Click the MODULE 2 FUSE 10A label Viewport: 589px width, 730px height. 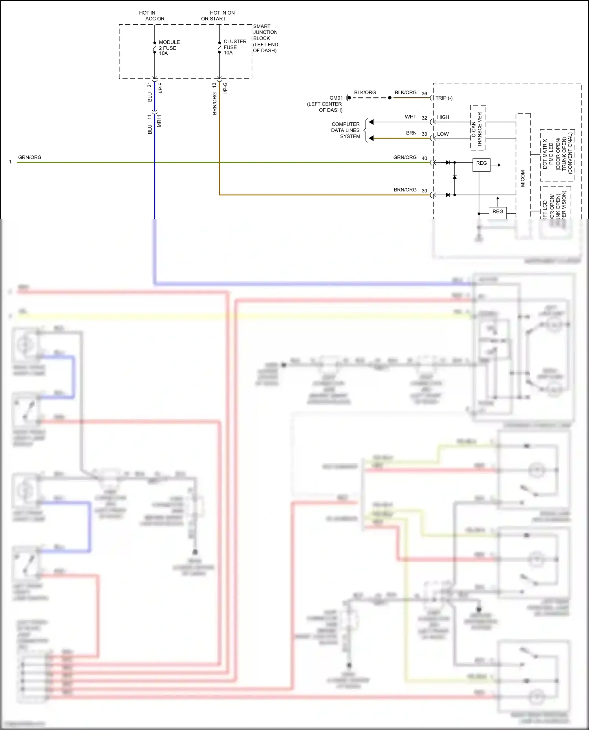169,47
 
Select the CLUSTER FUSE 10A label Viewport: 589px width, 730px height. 234,47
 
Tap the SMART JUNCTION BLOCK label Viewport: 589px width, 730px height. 265,38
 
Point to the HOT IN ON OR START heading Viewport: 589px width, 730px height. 218,16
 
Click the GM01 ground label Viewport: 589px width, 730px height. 336,98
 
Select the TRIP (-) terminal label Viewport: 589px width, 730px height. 444,98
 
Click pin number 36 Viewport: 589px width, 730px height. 424,94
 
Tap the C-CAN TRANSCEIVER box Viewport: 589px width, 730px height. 477,127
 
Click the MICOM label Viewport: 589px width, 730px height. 523,178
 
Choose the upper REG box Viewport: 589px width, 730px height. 481,163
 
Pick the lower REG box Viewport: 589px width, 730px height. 498,211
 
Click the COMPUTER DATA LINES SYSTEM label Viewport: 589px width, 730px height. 346,130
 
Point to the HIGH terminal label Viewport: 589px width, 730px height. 443,117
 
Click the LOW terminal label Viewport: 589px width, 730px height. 443,134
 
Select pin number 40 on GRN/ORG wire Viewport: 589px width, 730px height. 424,158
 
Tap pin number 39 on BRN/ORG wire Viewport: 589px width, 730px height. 424,191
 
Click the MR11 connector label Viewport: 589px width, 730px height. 159,121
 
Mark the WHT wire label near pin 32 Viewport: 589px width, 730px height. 410,117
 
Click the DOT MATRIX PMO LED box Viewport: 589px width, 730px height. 557,155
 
